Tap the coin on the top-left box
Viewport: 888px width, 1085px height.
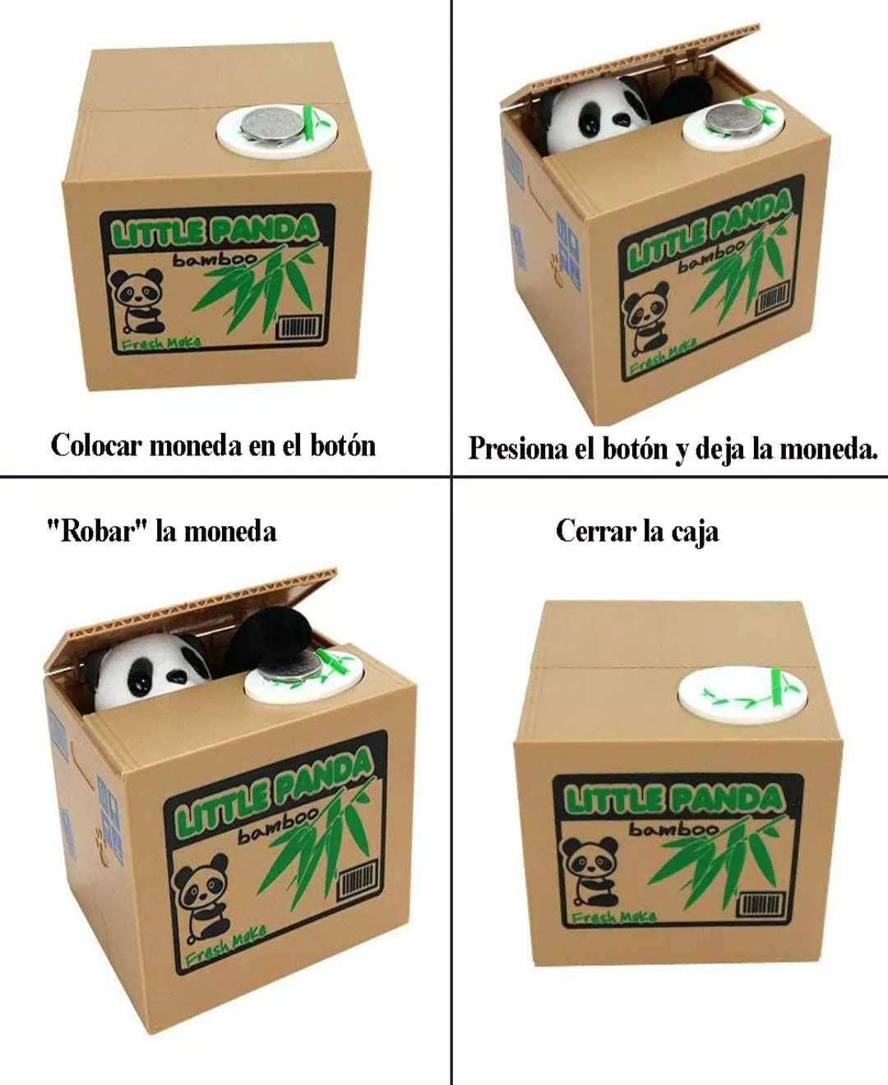click(x=273, y=124)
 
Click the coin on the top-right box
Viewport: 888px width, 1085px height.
click(x=731, y=118)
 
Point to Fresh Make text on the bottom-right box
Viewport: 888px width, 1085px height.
click(x=613, y=916)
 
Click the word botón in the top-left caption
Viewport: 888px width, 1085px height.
click(x=343, y=446)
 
